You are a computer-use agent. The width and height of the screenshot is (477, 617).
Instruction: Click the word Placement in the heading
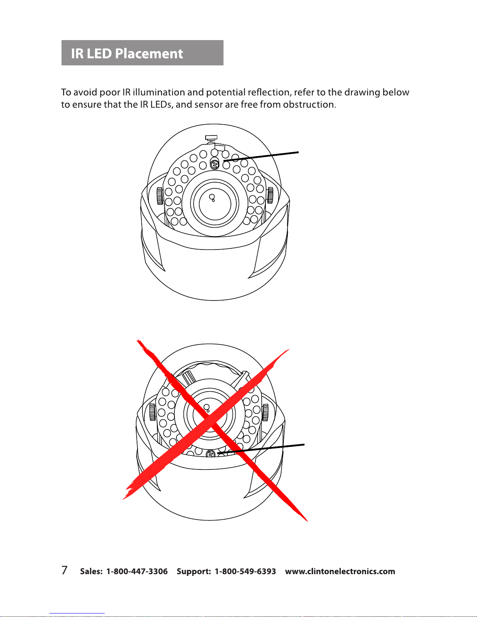point(149,53)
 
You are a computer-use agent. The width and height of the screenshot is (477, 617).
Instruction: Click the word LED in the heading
point(99,53)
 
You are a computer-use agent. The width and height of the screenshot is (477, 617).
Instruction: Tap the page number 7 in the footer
point(65,570)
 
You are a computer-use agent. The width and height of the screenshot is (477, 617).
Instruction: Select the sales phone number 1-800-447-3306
point(137,571)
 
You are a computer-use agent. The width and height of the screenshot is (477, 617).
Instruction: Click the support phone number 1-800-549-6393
point(245,571)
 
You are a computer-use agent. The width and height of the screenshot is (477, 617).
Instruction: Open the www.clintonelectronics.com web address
point(340,571)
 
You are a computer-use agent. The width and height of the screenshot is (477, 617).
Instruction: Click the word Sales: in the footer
point(91,571)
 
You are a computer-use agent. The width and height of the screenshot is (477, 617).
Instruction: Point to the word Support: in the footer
point(194,571)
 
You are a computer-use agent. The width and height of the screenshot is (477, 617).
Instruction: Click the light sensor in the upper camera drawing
point(215,164)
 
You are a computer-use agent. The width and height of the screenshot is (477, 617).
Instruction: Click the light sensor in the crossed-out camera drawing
point(210,454)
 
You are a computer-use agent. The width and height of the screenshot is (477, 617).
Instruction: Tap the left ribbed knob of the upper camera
point(160,196)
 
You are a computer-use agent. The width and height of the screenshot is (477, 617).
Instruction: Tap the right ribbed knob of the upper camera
point(270,195)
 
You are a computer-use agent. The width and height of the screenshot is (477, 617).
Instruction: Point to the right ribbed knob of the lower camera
point(265,412)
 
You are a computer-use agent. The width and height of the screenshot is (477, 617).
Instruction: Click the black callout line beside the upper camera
point(261,157)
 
